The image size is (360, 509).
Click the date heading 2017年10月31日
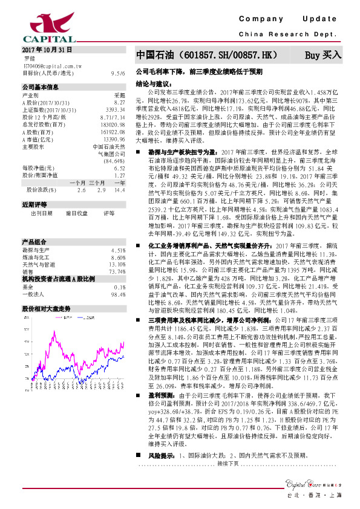coord(47,50)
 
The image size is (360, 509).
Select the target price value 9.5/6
coord(119,73)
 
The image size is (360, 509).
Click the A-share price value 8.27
coord(120,103)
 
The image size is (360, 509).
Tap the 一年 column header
coord(119,183)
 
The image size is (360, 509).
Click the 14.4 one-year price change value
coord(119,190)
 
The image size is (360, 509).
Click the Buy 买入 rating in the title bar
coord(323,55)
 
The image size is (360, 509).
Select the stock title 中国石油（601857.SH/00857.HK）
coord(207,55)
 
